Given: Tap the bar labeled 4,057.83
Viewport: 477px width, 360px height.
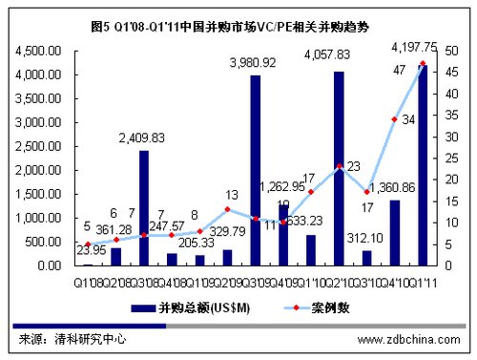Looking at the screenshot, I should coord(339,168).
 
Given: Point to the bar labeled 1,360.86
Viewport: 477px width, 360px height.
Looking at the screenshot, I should coord(394,232).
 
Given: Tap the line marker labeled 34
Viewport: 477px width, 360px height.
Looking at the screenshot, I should coord(394,119).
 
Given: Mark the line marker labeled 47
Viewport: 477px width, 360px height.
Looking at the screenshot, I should coord(422,64).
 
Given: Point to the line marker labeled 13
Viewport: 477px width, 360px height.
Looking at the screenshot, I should coord(227,209).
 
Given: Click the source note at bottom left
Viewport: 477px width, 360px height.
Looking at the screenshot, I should coord(73,339).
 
